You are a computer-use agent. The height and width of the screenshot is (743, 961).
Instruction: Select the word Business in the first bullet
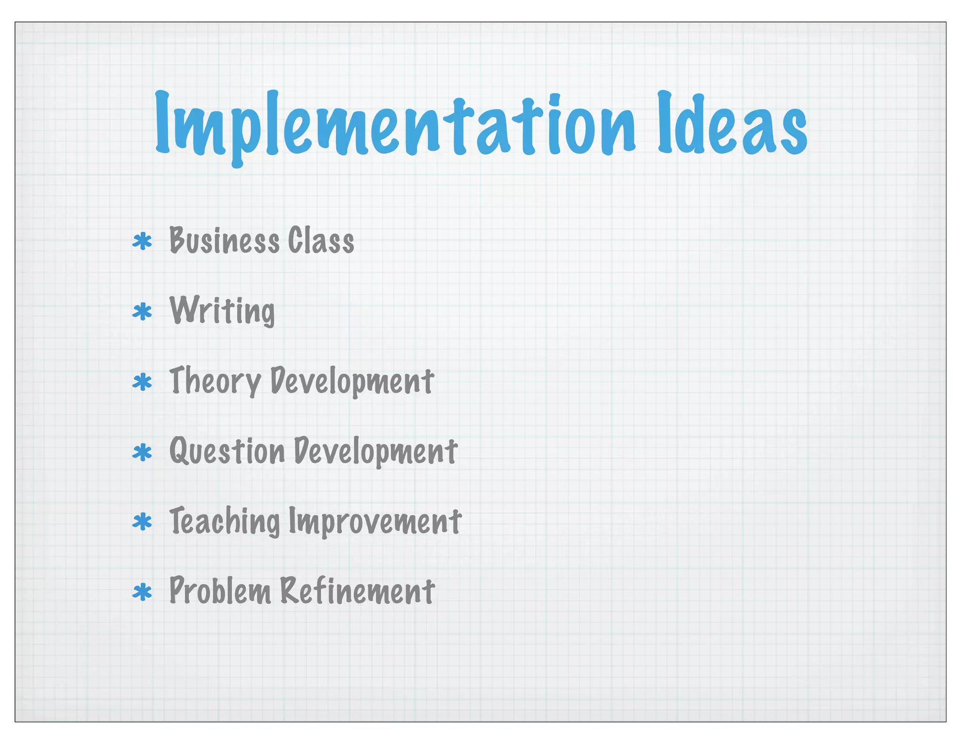coord(224,240)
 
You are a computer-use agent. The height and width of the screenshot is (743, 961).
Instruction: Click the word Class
coord(321,240)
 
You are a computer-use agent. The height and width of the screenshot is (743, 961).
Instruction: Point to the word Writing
coord(222,311)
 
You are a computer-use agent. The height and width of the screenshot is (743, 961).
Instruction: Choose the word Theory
coord(215,381)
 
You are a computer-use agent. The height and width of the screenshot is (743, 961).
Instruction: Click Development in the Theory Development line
coord(352,381)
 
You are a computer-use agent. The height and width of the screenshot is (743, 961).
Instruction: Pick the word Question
coord(227,451)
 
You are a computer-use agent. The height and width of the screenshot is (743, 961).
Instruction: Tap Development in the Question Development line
coord(375,451)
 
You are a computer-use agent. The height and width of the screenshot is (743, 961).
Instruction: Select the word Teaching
coord(224,521)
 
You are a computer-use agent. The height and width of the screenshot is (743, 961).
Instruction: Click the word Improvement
coord(375,521)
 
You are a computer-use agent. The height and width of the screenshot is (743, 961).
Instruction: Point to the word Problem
coord(220,591)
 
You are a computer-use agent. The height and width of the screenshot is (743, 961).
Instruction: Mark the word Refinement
coord(358,591)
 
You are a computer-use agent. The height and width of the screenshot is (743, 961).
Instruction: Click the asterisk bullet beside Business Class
coord(142,242)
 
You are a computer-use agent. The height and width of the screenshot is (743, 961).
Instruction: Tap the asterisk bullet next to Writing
coord(142,312)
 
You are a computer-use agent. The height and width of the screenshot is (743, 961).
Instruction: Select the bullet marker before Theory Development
coord(142,382)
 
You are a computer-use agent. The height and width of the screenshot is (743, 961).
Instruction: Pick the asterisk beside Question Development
coord(142,452)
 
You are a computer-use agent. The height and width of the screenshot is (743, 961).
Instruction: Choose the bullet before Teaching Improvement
coord(142,522)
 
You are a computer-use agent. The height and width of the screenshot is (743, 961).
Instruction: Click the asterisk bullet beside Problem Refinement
coord(142,592)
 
